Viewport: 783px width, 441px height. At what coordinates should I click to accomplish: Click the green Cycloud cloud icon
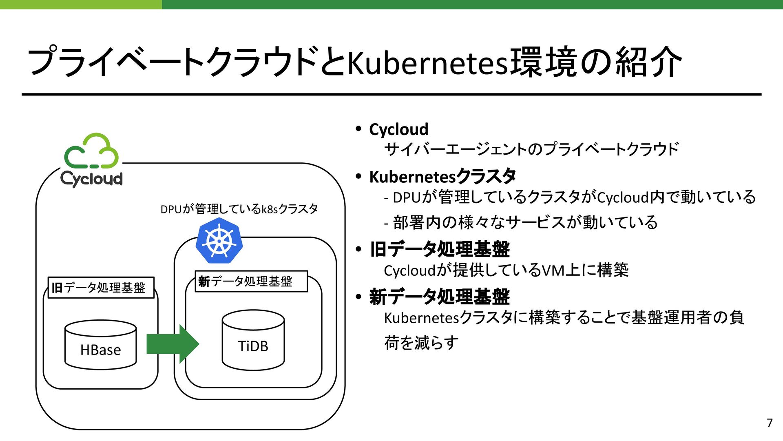(91, 151)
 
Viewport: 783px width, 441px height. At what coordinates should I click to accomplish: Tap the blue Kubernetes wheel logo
(219, 241)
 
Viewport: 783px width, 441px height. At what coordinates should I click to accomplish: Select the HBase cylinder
(100, 345)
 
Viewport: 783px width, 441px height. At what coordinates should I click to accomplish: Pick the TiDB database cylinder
(253, 340)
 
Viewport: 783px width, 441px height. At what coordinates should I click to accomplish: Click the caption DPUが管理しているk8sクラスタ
(239, 209)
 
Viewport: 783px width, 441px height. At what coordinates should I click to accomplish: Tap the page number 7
(770, 423)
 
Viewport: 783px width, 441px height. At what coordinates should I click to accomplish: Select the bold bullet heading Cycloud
(398, 129)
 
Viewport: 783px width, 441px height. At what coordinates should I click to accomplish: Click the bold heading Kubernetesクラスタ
(442, 177)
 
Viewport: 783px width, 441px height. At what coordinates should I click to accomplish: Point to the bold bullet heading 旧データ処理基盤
(439, 249)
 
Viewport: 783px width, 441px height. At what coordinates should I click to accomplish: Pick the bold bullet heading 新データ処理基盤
(439, 297)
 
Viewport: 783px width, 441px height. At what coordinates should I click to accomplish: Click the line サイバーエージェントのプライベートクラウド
(531, 149)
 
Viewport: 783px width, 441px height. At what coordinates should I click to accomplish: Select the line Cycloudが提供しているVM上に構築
(506, 270)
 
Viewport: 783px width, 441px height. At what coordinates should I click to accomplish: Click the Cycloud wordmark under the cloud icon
(91, 179)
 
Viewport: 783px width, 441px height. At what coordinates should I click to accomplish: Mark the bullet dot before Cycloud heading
(358, 129)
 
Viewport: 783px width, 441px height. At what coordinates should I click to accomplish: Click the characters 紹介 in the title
(648, 62)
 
